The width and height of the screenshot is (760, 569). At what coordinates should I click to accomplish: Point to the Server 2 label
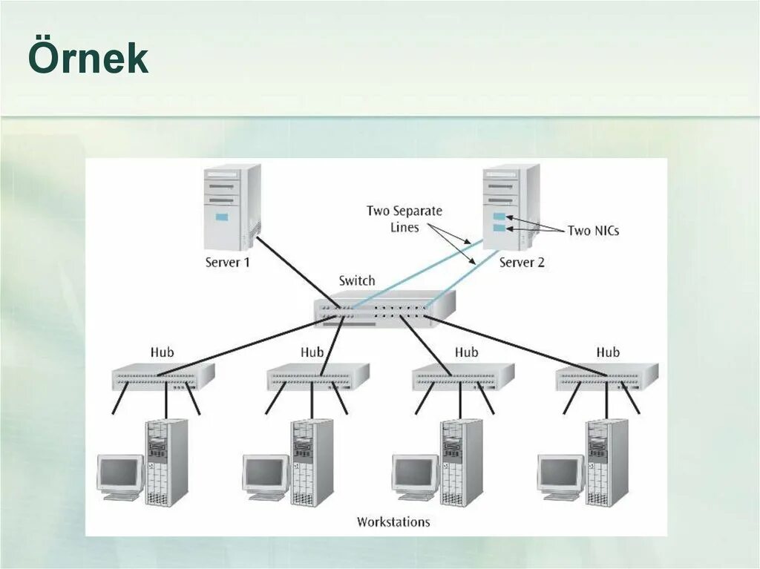(522, 263)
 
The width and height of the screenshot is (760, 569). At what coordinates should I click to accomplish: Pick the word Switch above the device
(357, 281)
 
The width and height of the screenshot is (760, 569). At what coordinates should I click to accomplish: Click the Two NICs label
(593, 231)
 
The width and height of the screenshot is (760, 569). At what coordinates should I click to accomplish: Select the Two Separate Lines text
(404, 219)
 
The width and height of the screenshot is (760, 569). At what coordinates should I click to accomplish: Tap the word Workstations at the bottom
(393, 522)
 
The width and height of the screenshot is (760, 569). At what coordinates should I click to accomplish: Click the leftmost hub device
(163, 377)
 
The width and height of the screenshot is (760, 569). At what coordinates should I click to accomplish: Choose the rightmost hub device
(607, 377)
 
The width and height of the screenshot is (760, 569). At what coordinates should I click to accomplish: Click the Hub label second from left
(312, 352)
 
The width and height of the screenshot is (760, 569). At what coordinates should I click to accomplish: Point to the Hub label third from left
(467, 352)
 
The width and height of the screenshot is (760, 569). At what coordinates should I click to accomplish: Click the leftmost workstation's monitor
(120, 473)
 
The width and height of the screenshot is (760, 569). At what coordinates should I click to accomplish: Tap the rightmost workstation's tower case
(606, 462)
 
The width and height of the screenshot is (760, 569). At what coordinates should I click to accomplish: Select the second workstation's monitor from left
(265, 473)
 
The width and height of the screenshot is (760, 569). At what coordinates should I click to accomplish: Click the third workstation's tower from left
(461, 462)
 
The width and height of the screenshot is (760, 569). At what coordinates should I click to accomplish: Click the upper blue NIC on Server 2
(499, 217)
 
